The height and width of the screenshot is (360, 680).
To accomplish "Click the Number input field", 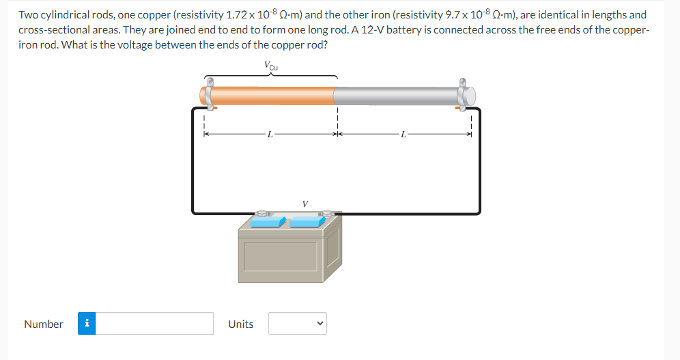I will pos(155,324).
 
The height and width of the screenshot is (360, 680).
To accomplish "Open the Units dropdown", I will pos(298,324).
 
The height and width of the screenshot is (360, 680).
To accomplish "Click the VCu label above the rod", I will pos(270,66).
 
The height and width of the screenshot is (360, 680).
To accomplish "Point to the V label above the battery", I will pos(304,203).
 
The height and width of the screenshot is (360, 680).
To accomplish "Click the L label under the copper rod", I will pos(270,135).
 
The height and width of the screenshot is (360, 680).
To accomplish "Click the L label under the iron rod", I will pos(404,135).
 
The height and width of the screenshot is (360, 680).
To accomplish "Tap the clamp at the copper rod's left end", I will pos(208,94).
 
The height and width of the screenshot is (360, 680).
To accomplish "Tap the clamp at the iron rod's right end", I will pos(466,94).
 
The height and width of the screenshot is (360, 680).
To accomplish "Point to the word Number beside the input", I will pos(44,324).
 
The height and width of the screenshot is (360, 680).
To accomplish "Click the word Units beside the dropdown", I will pos(240,324).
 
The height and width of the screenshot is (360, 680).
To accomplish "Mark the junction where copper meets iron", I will pos(334,95).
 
